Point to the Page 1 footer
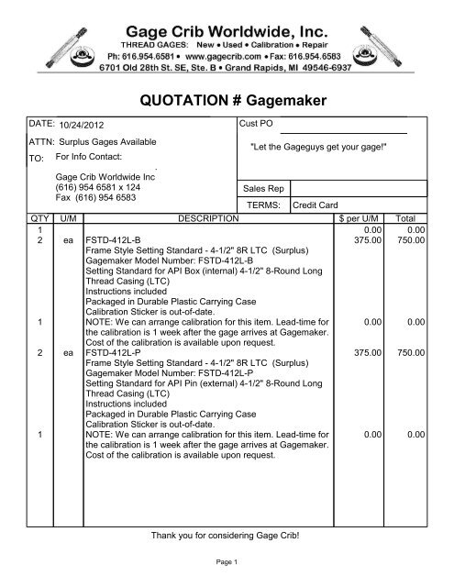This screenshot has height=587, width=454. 226,561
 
